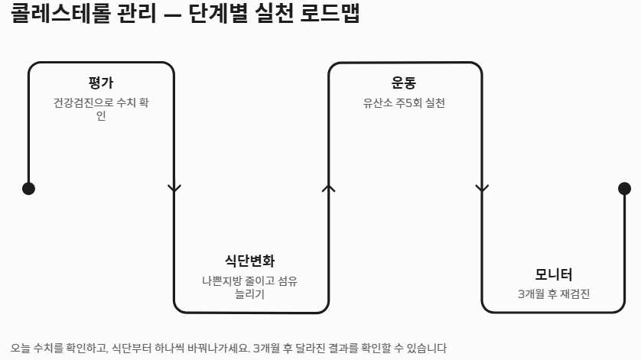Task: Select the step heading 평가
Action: (101, 83)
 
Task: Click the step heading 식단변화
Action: (250, 261)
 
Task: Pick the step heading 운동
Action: (404, 83)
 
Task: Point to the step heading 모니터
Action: (554, 274)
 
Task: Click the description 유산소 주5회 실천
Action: (404, 103)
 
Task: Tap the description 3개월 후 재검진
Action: (554, 294)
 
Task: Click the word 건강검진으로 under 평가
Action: (80, 103)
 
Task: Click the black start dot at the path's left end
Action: (28, 189)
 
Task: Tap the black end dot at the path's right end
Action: (624, 189)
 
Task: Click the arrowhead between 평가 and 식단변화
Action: (174, 188)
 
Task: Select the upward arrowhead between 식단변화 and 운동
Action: (329, 187)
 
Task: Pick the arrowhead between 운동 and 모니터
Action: (482, 188)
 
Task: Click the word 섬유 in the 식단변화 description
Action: (287, 281)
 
